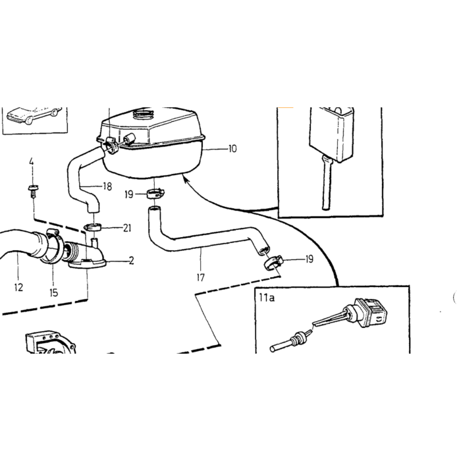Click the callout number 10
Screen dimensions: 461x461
[232, 149]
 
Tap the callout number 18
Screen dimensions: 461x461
[107, 186]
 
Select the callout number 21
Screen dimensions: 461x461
[127, 228]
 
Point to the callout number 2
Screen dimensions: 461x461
[132, 261]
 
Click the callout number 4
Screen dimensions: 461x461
[32, 162]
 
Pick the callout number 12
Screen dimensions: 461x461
[18, 287]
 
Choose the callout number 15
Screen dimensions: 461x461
[54, 292]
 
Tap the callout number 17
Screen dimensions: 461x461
[200, 277]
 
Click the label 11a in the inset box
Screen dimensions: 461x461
[267, 298]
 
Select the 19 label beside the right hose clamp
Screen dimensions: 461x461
[310, 259]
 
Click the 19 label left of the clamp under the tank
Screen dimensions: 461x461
[129, 194]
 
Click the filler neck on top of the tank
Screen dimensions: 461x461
[143, 114]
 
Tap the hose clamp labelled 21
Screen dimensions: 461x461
[93, 227]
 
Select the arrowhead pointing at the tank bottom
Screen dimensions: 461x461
[184, 177]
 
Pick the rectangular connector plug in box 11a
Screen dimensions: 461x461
[371, 313]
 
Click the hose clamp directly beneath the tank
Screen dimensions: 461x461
[155, 194]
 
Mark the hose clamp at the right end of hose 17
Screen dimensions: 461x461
[273, 262]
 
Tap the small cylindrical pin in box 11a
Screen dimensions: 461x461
[288, 342]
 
